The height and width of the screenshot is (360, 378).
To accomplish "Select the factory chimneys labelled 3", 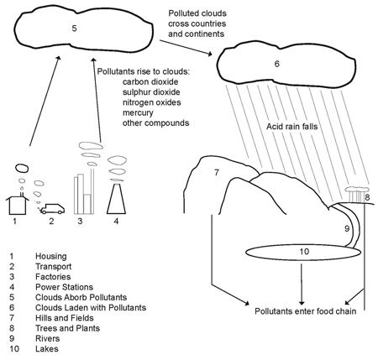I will (x=81, y=192).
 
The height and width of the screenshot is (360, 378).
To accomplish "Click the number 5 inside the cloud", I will (x=75, y=29).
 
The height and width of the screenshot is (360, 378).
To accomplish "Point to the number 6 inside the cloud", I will (x=276, y=64).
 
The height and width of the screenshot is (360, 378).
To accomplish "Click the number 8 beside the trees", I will (x=367, y=199).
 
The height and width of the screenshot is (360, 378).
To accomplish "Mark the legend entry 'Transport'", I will (x=55, y=265).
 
